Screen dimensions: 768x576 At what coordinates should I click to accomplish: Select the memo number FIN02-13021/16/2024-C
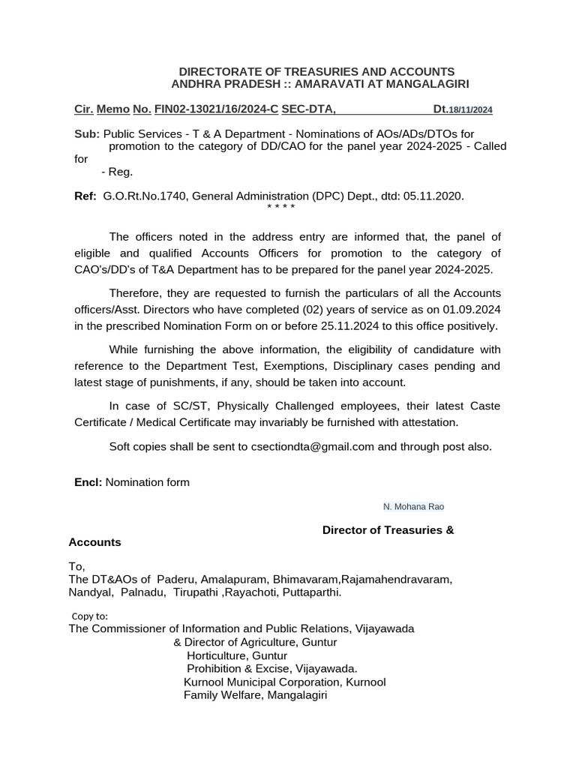pos(216,109)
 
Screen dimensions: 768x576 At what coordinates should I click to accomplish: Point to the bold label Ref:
pos(85,196)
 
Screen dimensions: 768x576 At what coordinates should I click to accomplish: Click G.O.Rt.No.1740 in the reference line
pos(145,196)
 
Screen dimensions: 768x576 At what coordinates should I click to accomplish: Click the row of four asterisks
pos(281,208)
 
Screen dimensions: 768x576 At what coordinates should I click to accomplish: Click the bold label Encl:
pos(88,482)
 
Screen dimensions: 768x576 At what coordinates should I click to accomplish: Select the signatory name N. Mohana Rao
pos(413,507)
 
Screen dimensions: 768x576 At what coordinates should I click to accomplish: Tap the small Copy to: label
pos(90,616)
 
